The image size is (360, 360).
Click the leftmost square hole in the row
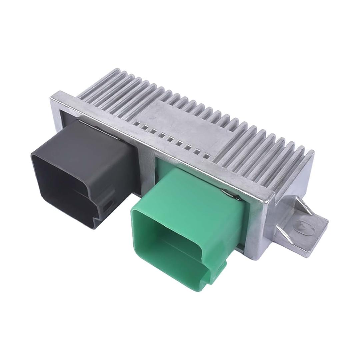tap(136, 123)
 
